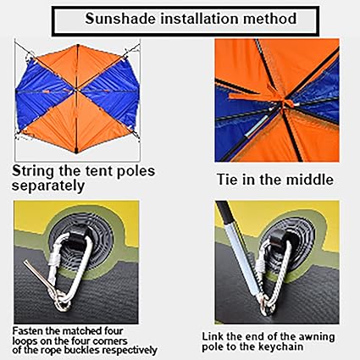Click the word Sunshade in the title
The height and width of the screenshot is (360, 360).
[120, 19]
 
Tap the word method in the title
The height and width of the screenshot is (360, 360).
[269, 19]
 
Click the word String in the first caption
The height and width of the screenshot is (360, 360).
[33, 172]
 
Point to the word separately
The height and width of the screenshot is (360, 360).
[48, 186]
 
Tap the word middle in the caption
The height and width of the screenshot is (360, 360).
[310, 180]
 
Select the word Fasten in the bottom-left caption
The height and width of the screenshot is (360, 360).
[27, 330]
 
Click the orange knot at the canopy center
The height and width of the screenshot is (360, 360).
[284, 100]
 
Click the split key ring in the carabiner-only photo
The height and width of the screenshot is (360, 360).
[62, 302]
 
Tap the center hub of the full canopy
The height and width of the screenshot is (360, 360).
[76, 90]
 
